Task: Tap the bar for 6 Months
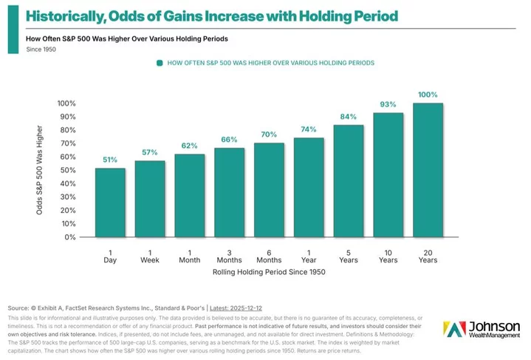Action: [x=269, y=190]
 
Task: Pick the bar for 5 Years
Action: [x=349, y=181]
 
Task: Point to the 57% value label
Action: [x=150, y=152]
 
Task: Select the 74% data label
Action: [x=309, y=129]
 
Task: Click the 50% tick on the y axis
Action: [x=67, y=170]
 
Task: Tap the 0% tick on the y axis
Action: [x=70, y=237]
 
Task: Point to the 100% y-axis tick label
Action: [x=66, y=103]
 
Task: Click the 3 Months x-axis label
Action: [x=229, y=256]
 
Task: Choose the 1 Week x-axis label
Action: [x=150, y=256]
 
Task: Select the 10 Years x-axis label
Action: [x=388, y=256]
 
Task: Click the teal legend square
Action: [x=159, y=64]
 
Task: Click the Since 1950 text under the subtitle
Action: [x=42, y=50]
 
